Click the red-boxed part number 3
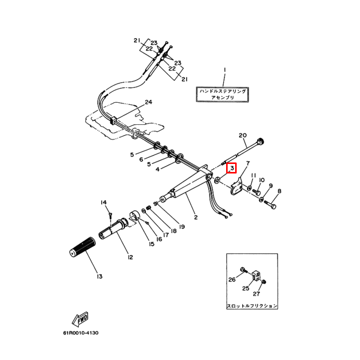point(232,168)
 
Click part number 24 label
point(148,102)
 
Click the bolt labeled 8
point(272,204)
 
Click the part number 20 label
point(243,135)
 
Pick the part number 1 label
point(225,70)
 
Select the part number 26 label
point(232,279)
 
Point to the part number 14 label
point(103,203)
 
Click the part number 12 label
point(130,257)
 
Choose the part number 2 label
point(196,218)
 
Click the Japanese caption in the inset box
point(252,305)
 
